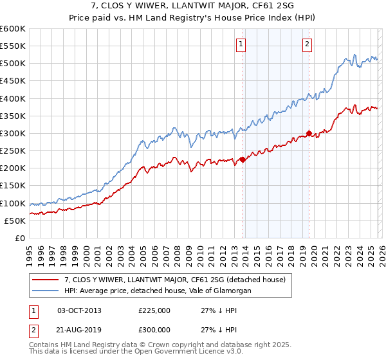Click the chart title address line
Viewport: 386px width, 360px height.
[x=193, y=7]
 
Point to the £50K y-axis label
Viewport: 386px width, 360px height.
[x=14, y=221]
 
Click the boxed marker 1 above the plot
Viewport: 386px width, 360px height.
[x=241, y=44]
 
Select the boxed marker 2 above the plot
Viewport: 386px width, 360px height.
[x=307, y=44]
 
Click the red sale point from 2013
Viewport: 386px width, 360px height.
[x=243, y=159]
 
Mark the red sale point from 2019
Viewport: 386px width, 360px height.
[x=309, y=134]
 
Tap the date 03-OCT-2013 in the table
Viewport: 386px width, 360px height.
[x=79, y=310]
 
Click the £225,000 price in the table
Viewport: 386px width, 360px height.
[x=154, y=310]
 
